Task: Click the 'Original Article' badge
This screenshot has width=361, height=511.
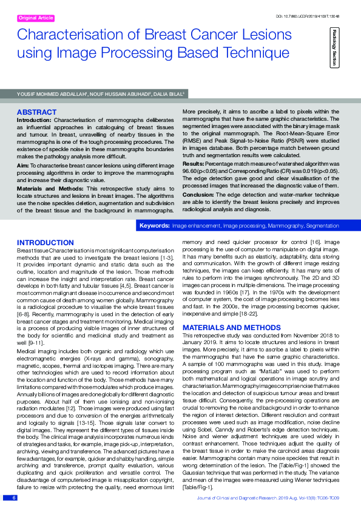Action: click(x=36, y=18)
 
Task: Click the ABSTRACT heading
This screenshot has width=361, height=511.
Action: click(x=36, y=112)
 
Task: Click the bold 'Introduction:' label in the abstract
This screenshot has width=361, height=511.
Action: click(x=34, y=120)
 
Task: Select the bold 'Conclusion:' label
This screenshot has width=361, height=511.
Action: click(x=199, y=194)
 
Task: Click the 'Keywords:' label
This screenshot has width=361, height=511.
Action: click(x=154, y=225)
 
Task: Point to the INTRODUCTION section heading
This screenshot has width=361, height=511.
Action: click(x=46, y=242)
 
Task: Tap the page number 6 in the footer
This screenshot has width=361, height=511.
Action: click(x=13, y=498)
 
